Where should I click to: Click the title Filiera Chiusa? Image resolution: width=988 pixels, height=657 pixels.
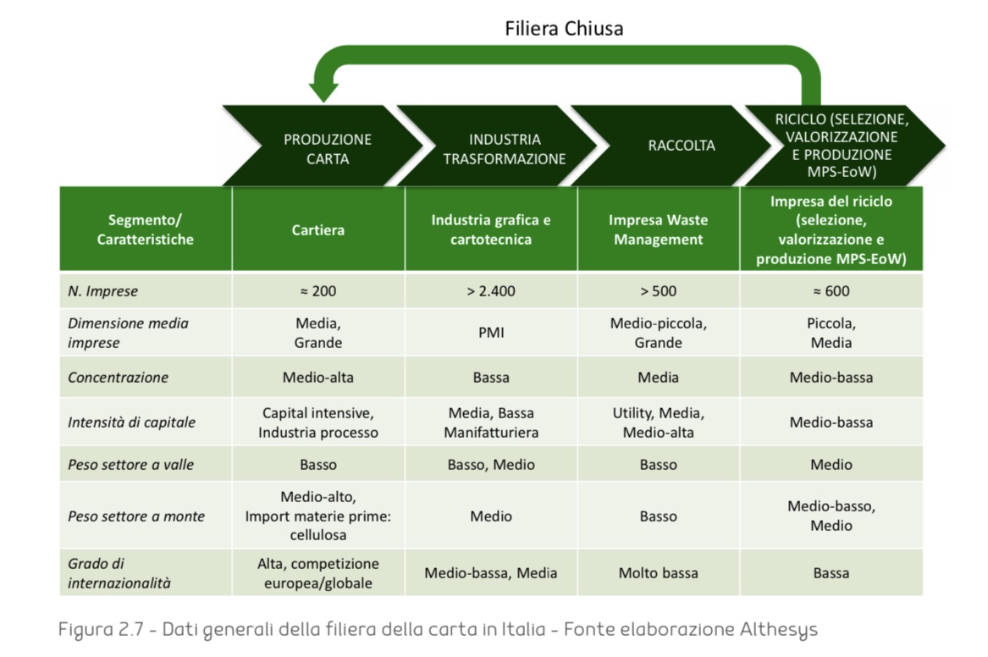tap(564, 28)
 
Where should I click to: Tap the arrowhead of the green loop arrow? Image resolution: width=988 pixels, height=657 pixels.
tap(322, 91)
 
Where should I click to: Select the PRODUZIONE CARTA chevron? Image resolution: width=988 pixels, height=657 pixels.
tap(327, 149)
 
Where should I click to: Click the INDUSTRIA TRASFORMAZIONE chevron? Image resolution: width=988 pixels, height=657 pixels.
tap(504, 149)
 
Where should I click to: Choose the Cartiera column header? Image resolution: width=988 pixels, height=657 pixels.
tap(318, 229)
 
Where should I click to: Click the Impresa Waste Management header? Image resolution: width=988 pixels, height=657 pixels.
tap(658, 229)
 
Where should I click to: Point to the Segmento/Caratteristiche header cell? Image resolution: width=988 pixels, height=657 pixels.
tap(145, 229)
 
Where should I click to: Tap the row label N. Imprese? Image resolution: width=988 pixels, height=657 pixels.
tap(102, 291)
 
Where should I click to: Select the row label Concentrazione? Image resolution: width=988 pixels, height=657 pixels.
tap(118, 378)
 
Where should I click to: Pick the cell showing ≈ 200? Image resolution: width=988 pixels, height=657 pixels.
tap(318, 291)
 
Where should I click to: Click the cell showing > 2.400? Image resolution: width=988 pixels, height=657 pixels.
tap(491, 291)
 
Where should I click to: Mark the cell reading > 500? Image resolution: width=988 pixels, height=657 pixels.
tap(658, 291)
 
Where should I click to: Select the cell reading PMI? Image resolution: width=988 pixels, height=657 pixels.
tap(491, 333)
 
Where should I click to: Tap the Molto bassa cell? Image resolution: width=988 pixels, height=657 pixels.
tap(658, 573)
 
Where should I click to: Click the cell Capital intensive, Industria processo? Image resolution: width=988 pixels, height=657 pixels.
tap(318, 422)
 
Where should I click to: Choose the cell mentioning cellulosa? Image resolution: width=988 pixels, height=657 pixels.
tap(318, 516)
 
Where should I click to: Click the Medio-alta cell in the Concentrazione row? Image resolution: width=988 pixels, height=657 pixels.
tap(318, 378)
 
